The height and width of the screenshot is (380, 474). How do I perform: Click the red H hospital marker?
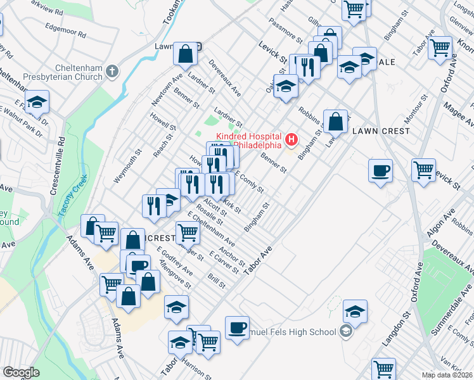[292, 138]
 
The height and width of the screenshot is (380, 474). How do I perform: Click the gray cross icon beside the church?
[112, 70]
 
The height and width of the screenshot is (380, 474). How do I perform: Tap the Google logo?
[21, 372]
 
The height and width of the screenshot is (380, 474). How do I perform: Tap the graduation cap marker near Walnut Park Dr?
[37, 103]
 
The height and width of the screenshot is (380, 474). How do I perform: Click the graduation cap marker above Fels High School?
[355, 311]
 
